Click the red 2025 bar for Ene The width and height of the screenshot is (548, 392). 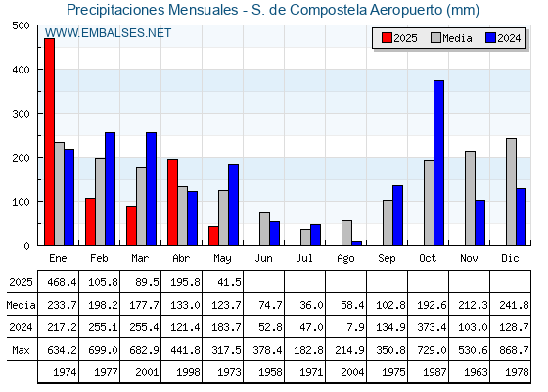coord(49,142)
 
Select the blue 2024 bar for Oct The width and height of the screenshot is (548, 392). coord(439,163)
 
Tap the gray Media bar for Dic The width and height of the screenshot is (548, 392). coord(511,192)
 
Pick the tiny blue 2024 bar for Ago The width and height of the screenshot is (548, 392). coord(357,243)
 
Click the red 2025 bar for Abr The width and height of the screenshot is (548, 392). coord(172,202)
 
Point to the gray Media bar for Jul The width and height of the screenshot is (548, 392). coord(305,237)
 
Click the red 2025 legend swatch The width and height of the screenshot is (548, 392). coord(387,38)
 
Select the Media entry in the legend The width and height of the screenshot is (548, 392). coord(451,38)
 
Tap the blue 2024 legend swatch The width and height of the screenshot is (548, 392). coord(490,38)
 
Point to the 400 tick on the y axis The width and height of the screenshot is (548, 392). coord(21,70)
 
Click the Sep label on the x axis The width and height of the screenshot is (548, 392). coord(387,259)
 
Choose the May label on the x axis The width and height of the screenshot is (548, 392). coord(223,259)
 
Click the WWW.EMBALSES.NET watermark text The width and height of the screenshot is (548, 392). coord(108,33)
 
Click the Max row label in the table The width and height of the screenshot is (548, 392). coord(21,350)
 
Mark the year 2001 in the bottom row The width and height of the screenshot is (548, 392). coord(147,372)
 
